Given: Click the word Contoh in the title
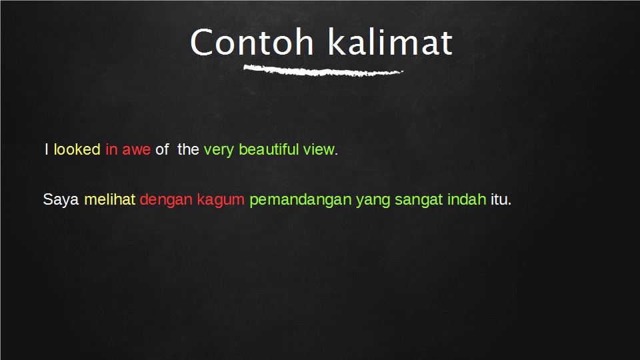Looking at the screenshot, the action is pyautogui.click(x=252, y=42).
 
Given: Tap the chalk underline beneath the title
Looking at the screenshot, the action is pyautogui.click(x=323, y=71).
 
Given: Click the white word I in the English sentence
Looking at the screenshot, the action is pyautogui.click(x=47, y=149).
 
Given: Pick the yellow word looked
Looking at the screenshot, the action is pyautogui.click(x=77, y=149).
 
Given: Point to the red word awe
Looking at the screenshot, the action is pyautogui.click(x=136, y=149).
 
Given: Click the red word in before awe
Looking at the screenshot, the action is pyautogui.click(x=111, y=149).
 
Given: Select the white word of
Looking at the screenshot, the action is pyautogui.click(x=162, y=149).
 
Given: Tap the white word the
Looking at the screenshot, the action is pyautogui.click(x=188, y=149).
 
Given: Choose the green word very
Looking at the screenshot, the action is pyautogui.click(x=219, y=150).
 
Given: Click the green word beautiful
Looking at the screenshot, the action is pyautogui.click(x=269, y=149).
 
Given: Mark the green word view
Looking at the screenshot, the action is pyautogui.click(x=319, y=149).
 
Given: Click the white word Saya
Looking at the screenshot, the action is pyautogui.click(x=61, y=200).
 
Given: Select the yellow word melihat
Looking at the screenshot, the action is pyautogui.click(x=110, y=199).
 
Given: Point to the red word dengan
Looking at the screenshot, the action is pyautogui.click(x=166, y=200).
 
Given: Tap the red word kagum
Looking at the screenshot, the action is pyautogui.click(x=221, y=200).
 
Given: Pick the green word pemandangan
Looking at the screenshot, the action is pyautogui.click(x=301, y=200).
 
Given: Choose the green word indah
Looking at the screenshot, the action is pyautogui.click(x=467, y=199).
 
